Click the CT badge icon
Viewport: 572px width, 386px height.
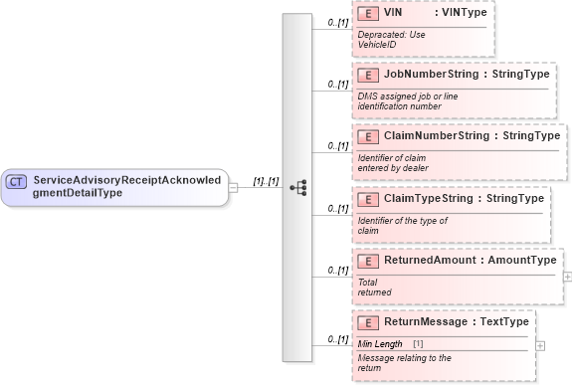coord(17,181)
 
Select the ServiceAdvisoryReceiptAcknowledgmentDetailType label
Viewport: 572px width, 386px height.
coord(128,186)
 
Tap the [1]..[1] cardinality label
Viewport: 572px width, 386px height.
coord(266,181)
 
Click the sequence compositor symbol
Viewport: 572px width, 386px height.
coord(296,186)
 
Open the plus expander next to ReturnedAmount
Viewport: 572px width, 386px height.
coord(567,276)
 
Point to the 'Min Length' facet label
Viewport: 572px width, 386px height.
coord(380,344)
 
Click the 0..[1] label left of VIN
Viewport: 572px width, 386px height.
coord(337,21)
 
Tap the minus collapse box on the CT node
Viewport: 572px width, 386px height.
coord(233,186)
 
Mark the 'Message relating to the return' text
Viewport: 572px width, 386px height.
coord(404,362)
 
